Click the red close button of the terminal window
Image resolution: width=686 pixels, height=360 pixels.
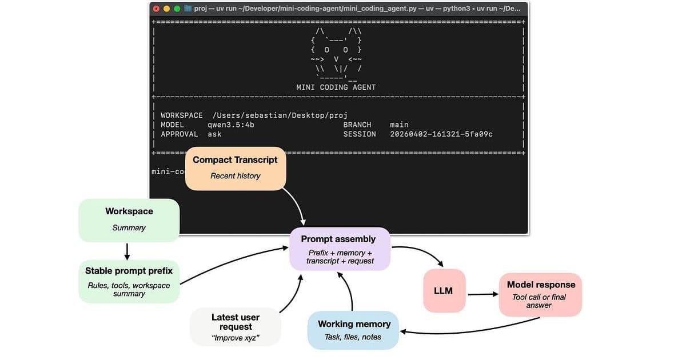click(x=156, y=9)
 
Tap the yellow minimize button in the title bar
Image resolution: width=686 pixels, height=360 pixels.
click(x=166, y=9)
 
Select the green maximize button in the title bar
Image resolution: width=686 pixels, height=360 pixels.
click(x=177, y=9)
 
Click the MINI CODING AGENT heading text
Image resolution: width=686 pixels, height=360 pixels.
click(x=336, y=87)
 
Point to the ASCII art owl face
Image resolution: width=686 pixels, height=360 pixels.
click(x=336, y=51)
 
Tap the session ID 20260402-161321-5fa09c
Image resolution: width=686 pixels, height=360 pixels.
click(x=441, y=134)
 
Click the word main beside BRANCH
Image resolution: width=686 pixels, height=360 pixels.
click(x=399, y=125)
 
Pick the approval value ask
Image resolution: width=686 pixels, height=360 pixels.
click(x=214, y=134)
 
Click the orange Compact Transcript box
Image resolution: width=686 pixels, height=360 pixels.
click(x=235, y=167)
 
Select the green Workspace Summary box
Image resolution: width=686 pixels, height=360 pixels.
click(x=129, y=219)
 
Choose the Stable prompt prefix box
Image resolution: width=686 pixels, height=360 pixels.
click(x=129, y=281)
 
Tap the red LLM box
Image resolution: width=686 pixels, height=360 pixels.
click(x=444, y=291)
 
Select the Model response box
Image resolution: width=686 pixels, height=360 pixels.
click(x=540, y=294)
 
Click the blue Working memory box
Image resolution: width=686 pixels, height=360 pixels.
click(x=353, y=330)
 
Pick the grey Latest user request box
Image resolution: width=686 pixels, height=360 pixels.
click(x=236, y=327)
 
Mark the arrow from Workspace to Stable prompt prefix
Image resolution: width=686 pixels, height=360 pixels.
click(x=127, y=250)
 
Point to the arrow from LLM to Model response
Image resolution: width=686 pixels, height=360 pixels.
click(x=482, y=295)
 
